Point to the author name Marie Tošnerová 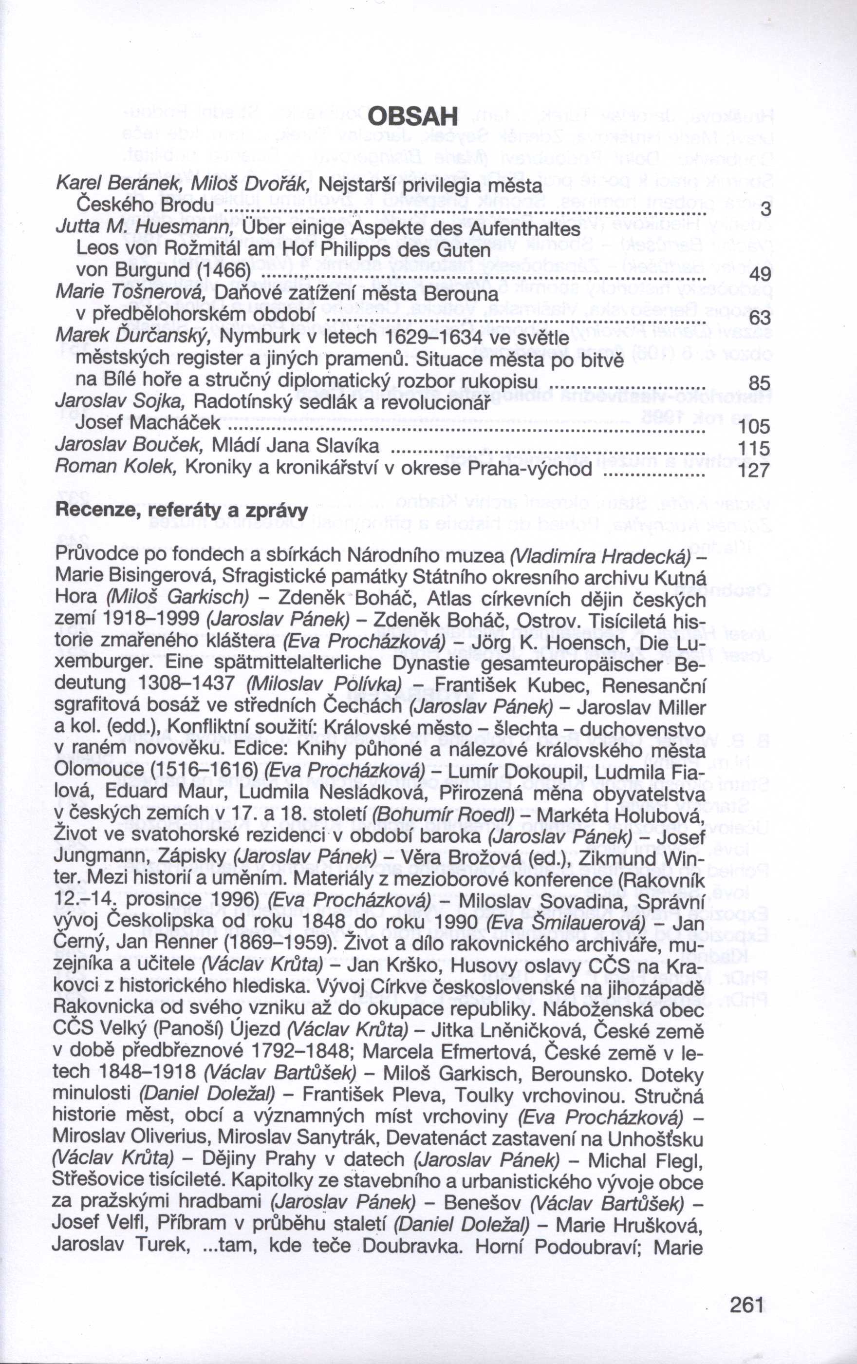coord(132,293)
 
